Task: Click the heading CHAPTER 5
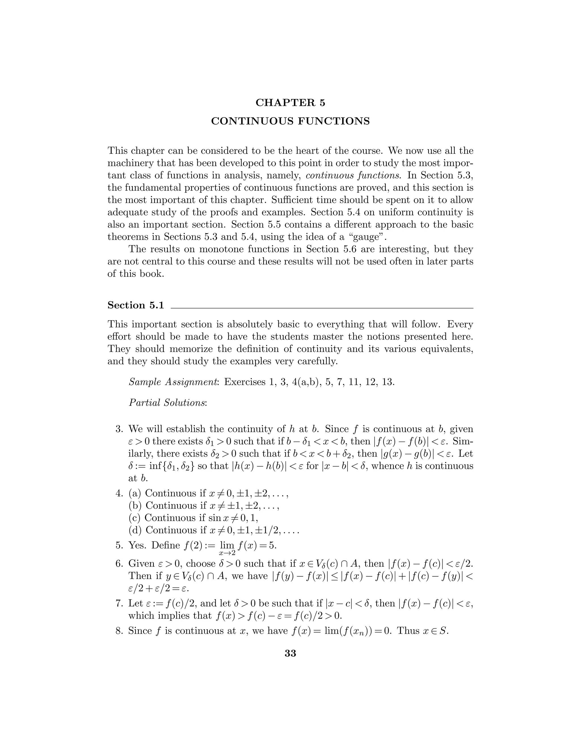coord(290,103)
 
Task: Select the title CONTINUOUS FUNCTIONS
coord(290,121)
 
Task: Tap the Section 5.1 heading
coord(136,305)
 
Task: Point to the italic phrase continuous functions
coord(353,176)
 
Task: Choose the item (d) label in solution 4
coord(135,530)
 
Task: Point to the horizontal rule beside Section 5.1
coord(322,308)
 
